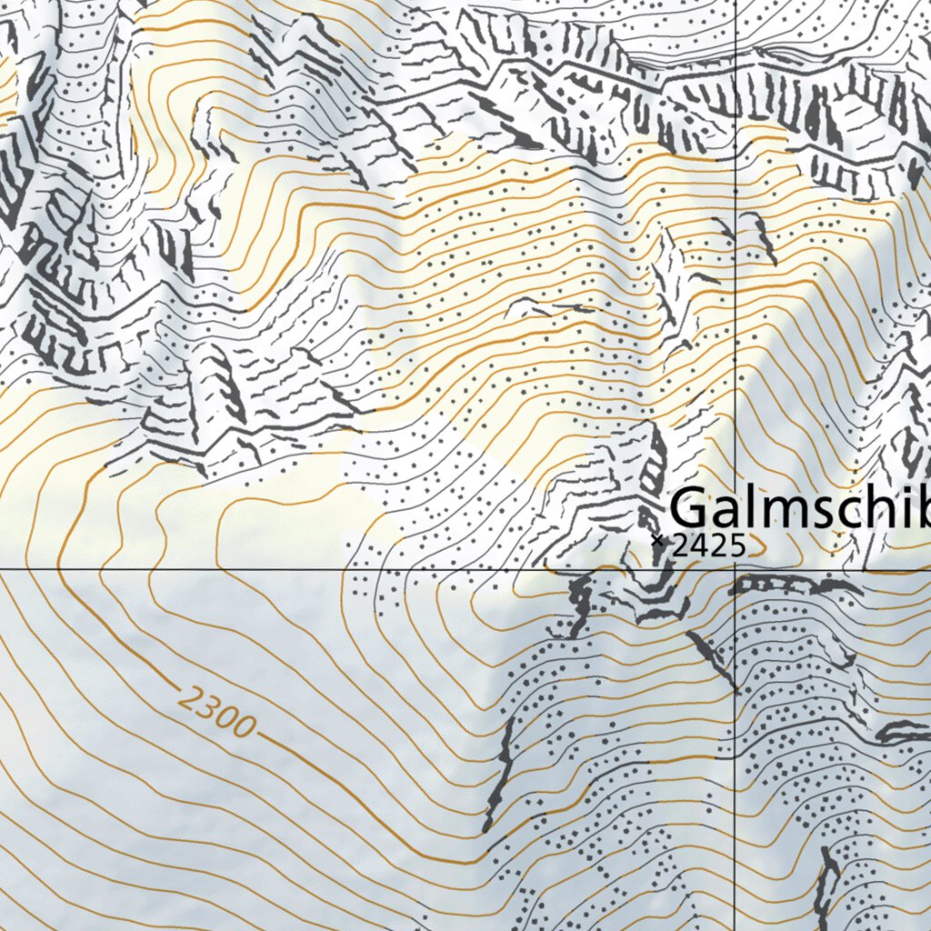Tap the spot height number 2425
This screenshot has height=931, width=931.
tap(708, 546)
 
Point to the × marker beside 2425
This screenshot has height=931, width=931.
tap(657, 540)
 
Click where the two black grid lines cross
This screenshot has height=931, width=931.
tap(735, 570)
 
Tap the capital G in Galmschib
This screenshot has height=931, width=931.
tap(691, 507)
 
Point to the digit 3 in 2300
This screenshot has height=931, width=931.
tap(211, 710)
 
